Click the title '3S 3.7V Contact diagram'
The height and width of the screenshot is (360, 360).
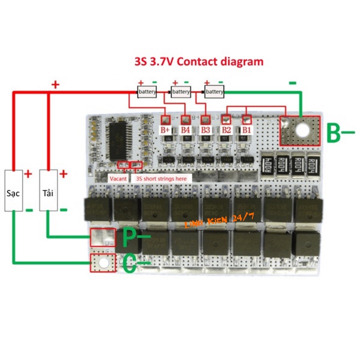point(198,62)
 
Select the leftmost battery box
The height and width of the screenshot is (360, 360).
point(147,92)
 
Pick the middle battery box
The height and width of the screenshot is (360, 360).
point(180,92)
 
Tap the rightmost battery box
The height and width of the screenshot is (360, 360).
point(214,92)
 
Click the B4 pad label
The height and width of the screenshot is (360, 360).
point(185,130)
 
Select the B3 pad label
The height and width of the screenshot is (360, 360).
point(205,130)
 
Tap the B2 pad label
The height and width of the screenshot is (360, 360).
point(226,130)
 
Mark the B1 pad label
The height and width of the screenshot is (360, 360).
point(246,130)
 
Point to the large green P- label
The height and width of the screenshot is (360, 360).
point(134,239)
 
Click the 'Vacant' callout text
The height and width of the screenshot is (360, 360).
point(118,178)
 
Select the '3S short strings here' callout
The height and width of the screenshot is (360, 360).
point(161,178)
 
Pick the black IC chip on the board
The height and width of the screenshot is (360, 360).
point(120,135)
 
